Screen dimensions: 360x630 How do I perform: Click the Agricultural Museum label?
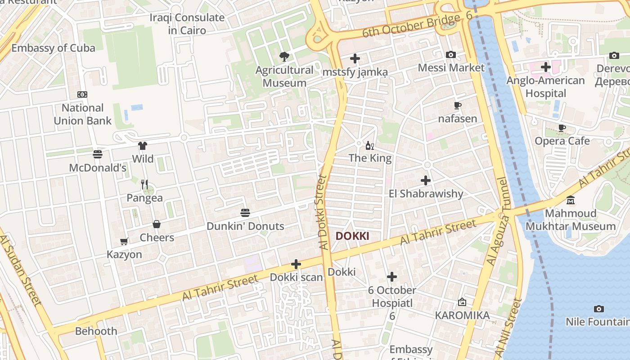point(284,76)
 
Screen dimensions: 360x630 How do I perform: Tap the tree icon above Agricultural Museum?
point(284,56)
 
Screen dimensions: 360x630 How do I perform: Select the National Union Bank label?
point(83,114)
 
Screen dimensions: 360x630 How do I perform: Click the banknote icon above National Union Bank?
point(82,94)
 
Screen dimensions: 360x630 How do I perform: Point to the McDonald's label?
point(98,168)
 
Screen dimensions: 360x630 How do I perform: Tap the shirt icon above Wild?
point(143,146)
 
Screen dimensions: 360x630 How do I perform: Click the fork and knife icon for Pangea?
point(144,184)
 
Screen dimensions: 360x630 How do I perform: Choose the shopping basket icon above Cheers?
point(157,224)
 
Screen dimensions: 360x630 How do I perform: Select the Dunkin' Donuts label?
point(245,226)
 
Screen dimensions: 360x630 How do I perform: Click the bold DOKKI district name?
point(352,236)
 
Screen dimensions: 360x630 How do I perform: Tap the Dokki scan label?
point(296,277)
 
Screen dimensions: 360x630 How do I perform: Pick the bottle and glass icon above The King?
point(370,145)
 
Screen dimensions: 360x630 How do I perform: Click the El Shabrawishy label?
point(426,193)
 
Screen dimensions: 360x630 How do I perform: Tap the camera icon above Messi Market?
point(451,55)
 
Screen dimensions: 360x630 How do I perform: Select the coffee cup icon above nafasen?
point(458,106)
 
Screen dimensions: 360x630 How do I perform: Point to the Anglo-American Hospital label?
point(545,87)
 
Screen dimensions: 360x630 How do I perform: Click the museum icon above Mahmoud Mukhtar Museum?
point(571,200)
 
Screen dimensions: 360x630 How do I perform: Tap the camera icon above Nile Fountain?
point(598,309)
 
